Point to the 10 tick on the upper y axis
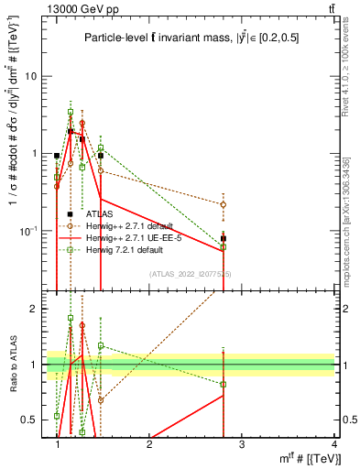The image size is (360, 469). [32, 77]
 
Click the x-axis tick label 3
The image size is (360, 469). [242, 443]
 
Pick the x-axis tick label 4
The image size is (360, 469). [334, 443]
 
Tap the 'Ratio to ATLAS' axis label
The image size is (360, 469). [12, 365]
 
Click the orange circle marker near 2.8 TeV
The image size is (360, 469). [224, 204]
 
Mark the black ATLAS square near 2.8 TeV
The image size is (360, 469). [224, 239]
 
